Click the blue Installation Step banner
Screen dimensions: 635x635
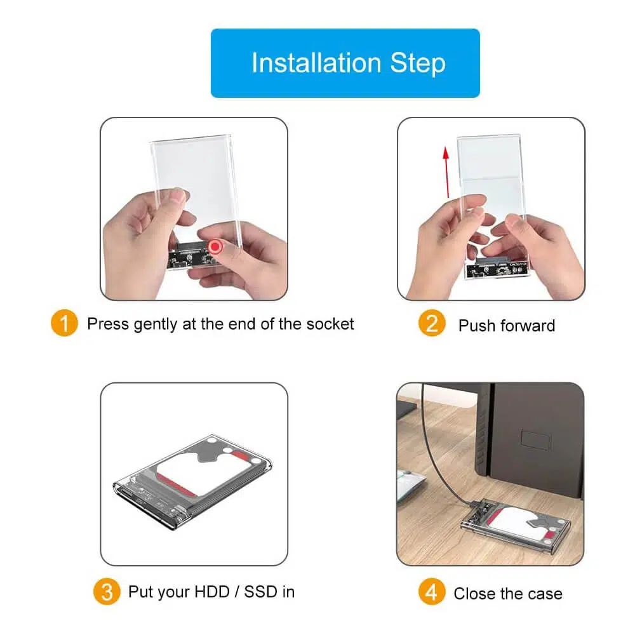pos(345,63)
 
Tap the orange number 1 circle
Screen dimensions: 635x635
pos(64,323)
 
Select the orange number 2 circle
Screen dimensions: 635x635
pos(432,323)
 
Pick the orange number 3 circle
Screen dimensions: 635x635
pos(107,592)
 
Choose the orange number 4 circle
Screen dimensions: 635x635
pos(432,592)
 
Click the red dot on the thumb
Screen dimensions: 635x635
pos(215,246)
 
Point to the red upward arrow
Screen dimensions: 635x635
pos(446,172)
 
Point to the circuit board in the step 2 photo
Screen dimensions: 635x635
pos(498,269)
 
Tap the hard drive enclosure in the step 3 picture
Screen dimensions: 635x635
pos(192,480)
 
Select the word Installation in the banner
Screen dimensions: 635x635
pos(316,63)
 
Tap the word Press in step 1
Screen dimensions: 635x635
pos(108,324)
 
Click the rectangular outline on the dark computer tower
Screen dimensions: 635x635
pos(535,440)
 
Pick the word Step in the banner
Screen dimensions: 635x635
pos(418,63)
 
